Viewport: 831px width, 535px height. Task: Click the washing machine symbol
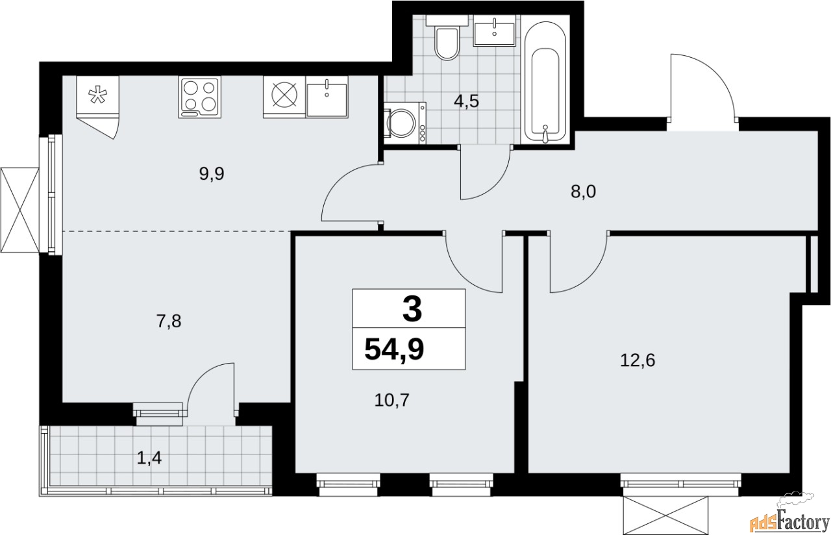pos(404,121)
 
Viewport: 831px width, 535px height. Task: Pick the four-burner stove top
pos(199,97)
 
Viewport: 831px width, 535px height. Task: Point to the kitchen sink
pos(327,97)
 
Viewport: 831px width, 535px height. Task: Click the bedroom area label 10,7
pos(393,399)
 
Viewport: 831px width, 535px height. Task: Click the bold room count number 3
pos(412,309)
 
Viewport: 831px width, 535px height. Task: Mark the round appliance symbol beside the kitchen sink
pos(283,97)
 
